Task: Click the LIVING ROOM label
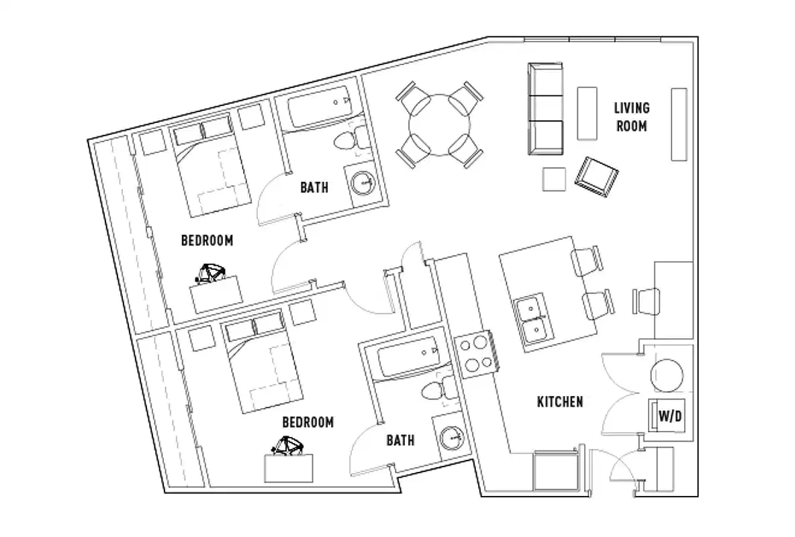click(631, 116)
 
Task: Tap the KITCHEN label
click(559, 402)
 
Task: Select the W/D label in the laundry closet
click(669, 416)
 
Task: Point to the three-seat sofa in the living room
click(545, 109)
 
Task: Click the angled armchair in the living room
click(596, 177)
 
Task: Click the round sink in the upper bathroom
click(363, 182)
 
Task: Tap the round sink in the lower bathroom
click(453, 438)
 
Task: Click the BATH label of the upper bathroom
click(314, 187)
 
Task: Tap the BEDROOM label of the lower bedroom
click(308, 422)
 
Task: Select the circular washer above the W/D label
click(667, 375)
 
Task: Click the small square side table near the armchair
click(555, 179)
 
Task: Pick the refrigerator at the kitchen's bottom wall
click(555, 472)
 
